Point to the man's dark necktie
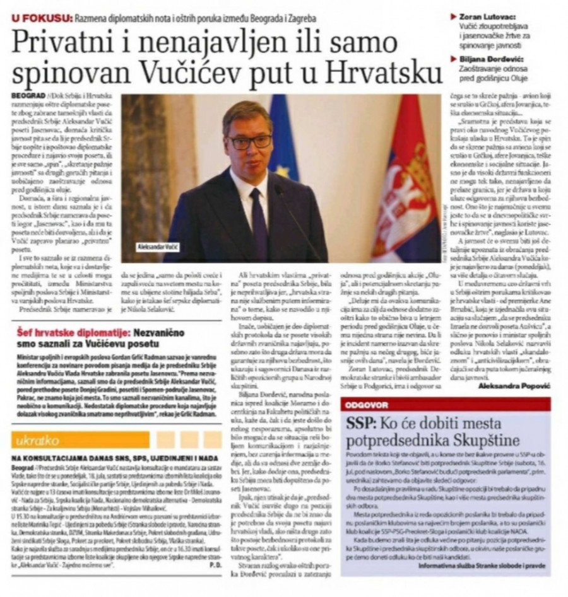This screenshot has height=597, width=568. [257, 221]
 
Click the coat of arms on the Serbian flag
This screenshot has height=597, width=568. [414, 189]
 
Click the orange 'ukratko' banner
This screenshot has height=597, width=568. [79, 439]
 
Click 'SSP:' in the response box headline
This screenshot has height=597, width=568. [360, 423]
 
